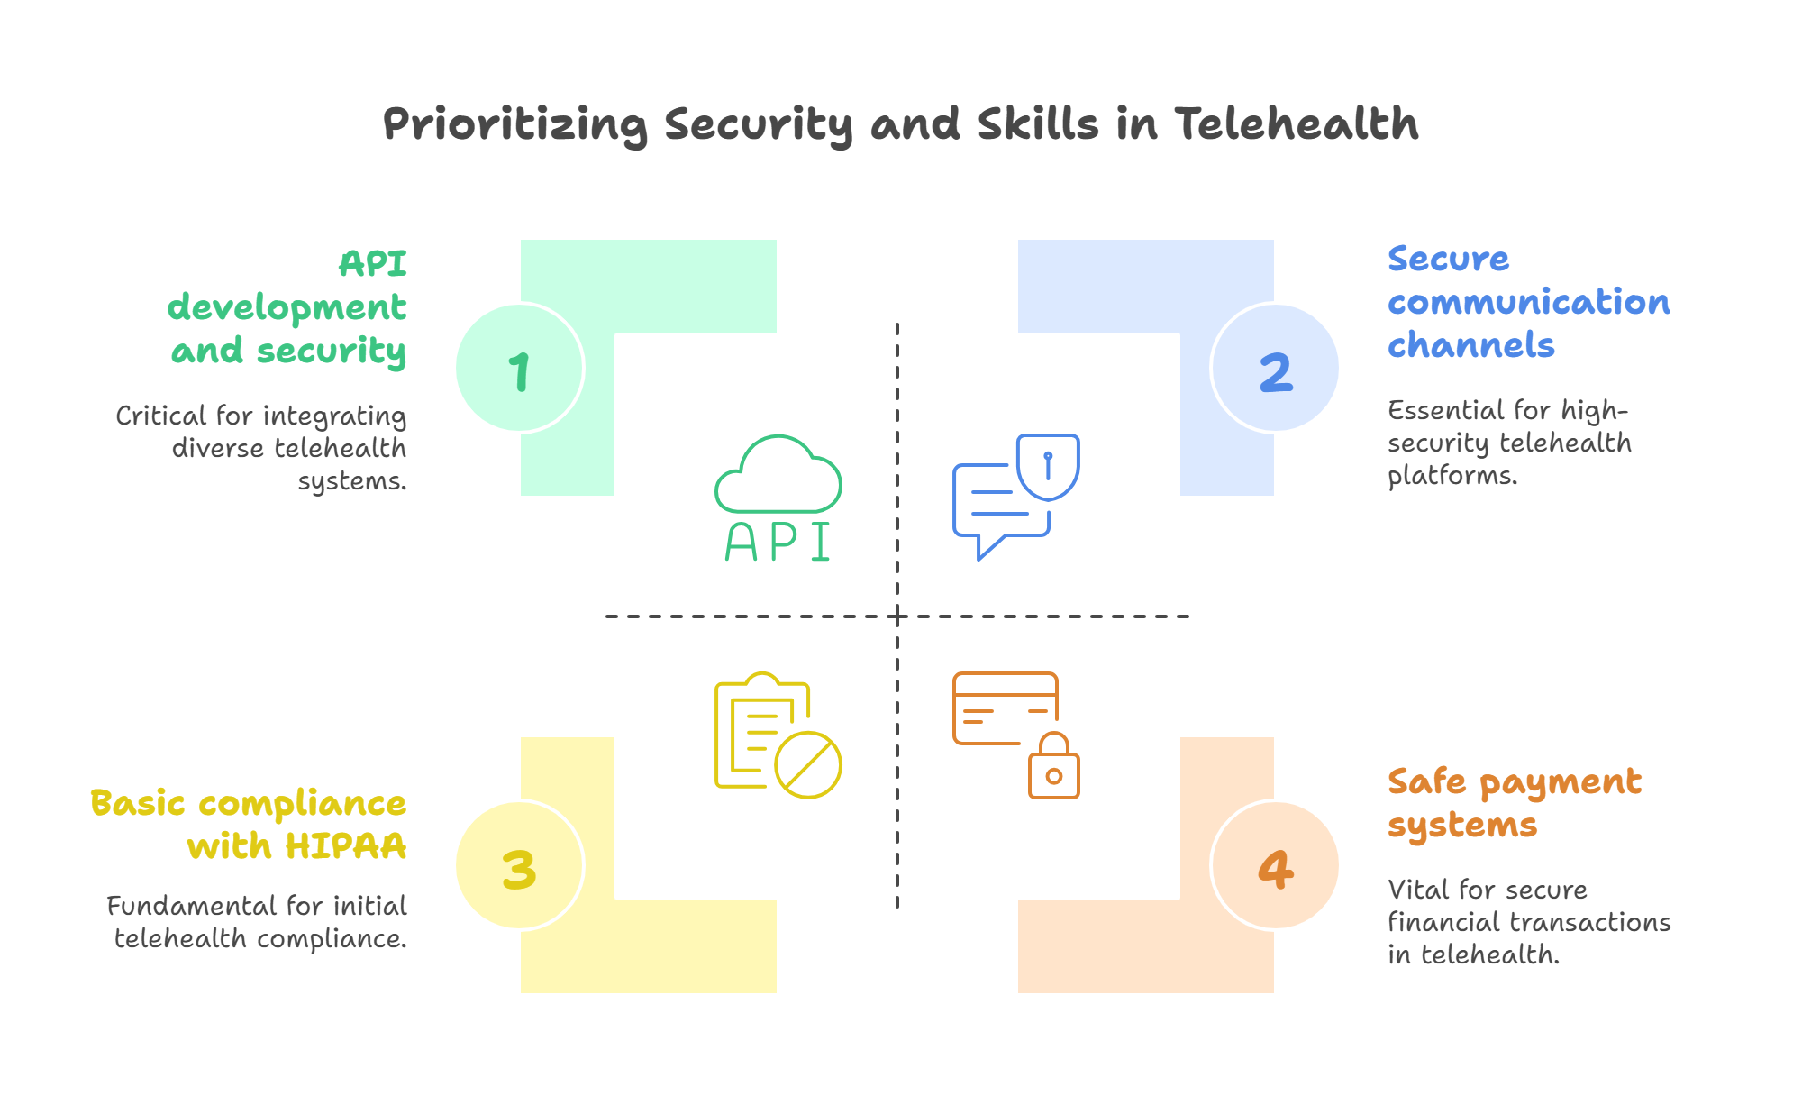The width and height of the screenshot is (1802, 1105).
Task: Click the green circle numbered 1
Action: pos(519,369)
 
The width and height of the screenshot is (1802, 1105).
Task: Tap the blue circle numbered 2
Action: pos(1276,369)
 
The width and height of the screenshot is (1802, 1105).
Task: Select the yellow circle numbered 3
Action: pos(519,866)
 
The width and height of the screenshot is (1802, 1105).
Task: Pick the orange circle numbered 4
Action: pos(1276,866)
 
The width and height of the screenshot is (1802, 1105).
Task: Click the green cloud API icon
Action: pos(778,498)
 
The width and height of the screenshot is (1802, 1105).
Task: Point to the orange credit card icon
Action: pos(1005,708)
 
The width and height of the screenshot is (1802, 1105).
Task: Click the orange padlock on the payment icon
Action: pos(1054,768)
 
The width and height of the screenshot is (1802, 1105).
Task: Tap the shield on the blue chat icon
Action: pos(1048,466)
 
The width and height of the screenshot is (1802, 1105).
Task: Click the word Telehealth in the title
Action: pos(1297,123)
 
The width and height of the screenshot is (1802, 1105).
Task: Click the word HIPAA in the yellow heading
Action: pos(346,846)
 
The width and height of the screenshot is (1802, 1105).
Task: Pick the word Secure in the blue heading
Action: pos(1448,259)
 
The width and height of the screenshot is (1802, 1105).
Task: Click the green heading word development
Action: pos(287,308)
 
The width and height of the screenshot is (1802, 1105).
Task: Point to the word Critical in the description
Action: pos(161,416)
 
